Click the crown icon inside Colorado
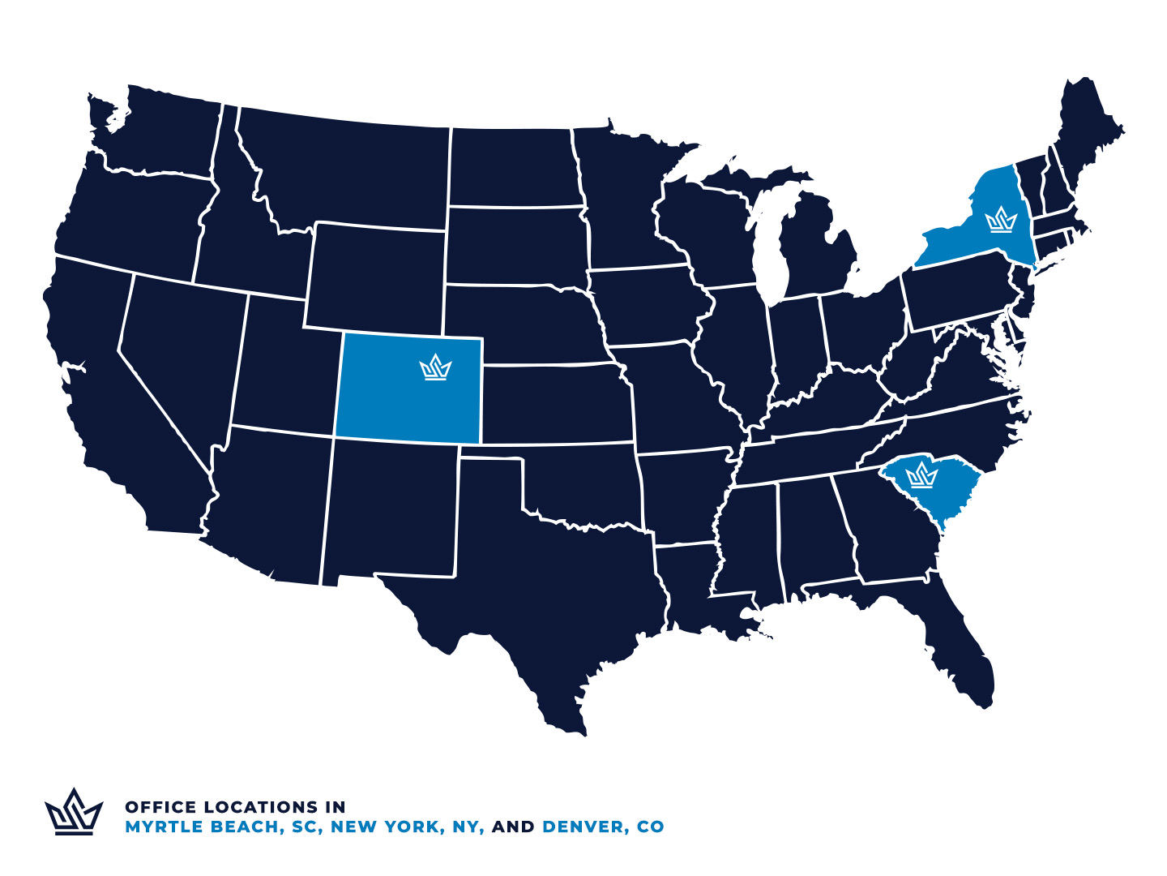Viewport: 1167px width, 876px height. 435,367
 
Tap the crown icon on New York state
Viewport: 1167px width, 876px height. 1001,220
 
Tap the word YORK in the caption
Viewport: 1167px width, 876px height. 411,827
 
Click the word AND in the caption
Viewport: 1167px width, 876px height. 513,827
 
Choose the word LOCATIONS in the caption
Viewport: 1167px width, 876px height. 261,807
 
